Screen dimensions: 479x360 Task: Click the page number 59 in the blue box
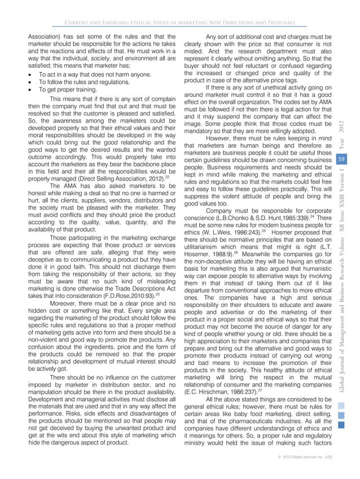tap(341, 144)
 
